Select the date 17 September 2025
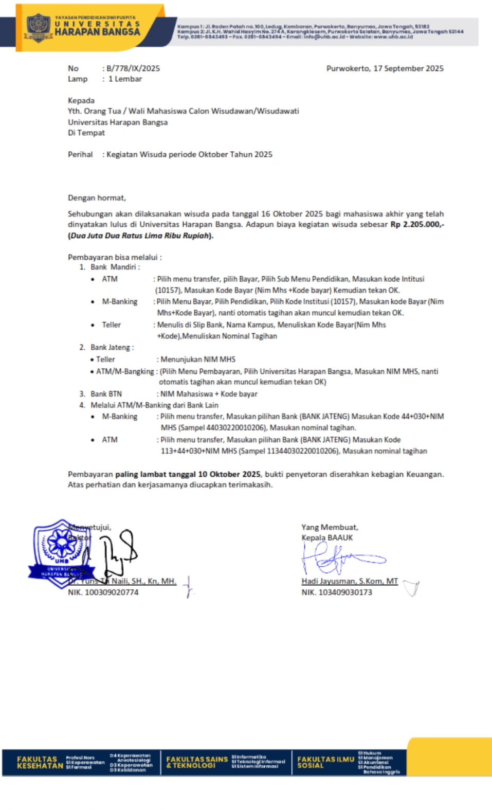tap(408, 68)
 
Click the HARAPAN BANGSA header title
tap(97, 32)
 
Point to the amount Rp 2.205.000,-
tap(417, 225)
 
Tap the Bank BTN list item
tap(106, 394)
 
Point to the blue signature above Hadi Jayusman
tap(339, 558)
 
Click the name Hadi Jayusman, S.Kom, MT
tap(350, 581)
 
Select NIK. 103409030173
tap(337, 592)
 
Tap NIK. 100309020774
tap(103, 592)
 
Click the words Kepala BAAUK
tap(327, 538)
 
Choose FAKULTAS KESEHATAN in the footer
tap(37, 762)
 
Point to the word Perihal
tap(80, 154)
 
